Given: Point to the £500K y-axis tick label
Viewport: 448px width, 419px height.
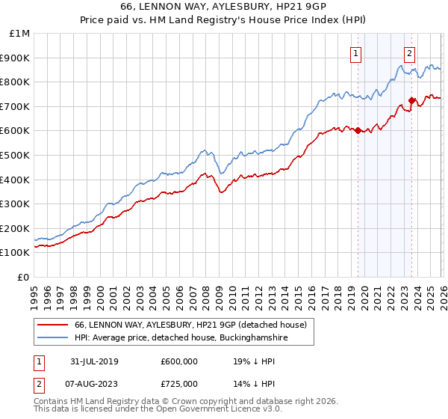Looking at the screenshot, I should click(16, 156).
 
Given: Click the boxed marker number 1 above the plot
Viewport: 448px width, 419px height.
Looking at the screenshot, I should click(356, 53).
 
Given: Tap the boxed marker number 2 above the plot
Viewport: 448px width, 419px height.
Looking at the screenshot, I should click(410, 53).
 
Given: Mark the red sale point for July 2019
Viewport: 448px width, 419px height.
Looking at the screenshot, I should click(358, 130).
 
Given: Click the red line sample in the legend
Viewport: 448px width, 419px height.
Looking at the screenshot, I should click(53, 325).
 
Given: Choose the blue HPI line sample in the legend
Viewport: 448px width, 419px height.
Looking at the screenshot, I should click(53, 338).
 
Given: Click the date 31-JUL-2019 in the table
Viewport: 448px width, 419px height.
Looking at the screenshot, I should click(95, 361).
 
